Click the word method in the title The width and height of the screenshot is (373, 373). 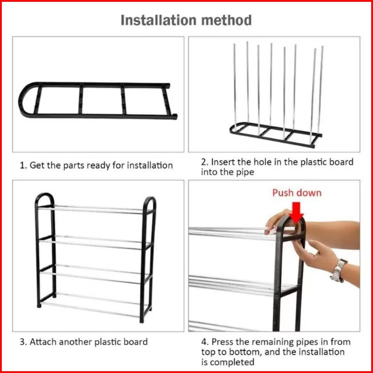[226, 20]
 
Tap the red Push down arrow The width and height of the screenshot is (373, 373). [296, 213]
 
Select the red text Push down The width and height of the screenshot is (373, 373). [297, 193]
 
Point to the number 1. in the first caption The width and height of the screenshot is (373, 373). [23, 165]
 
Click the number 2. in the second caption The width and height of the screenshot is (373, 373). [205, 162]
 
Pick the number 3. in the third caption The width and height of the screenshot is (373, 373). [23, 342]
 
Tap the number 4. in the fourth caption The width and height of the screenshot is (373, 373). [205, 342]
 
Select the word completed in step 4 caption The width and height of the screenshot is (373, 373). [232, 362]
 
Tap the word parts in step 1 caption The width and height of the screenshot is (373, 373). [74, 166]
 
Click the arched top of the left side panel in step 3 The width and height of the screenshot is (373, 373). [44, 195]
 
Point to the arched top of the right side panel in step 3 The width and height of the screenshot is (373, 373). [149, 199]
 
